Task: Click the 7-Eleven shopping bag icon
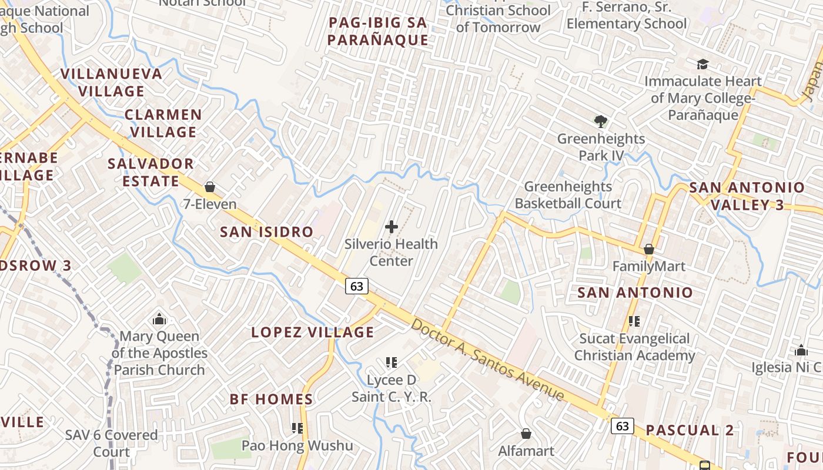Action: click(x=210, y=187)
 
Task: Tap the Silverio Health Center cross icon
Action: click(x=391, y=227)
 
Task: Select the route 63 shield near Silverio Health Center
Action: click(x=357, y=286)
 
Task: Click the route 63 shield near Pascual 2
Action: click(x=623, y=426)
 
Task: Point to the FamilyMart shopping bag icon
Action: click(x=649, y=250)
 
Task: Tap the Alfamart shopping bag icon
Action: click(x=526, y=434)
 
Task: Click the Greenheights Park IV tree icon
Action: click(x=600, y=122)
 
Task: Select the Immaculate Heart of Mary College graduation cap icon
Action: click(x=702, y=64)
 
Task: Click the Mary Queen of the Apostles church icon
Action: click(x=159, y=320)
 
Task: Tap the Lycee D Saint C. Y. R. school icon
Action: click(x=392, y=362)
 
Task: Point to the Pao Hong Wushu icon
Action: click(x=297, y=428)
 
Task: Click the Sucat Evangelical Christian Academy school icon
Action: click(x=634, y=321)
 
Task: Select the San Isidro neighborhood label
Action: click(x=266, y=232)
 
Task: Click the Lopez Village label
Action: click(x=313, y=333)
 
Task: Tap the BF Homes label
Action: click(x=271, y=399)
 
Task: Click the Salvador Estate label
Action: click(x=150, y=172)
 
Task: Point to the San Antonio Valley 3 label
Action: click(x=747, y=196)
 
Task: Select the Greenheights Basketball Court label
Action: click(x=568, y=195)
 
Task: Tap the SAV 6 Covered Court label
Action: click(x=112, y=444)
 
